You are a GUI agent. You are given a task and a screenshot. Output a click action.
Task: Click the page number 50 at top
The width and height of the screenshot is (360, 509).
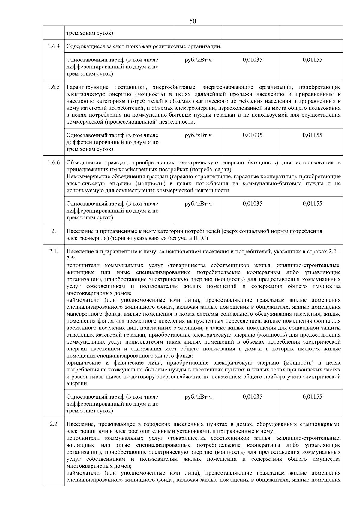[193, 21]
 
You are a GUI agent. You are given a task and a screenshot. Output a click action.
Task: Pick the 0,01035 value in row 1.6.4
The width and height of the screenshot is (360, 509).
[252, 60]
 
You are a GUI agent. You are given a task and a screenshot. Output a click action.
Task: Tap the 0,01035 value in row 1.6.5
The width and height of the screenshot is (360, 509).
[252, 135]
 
